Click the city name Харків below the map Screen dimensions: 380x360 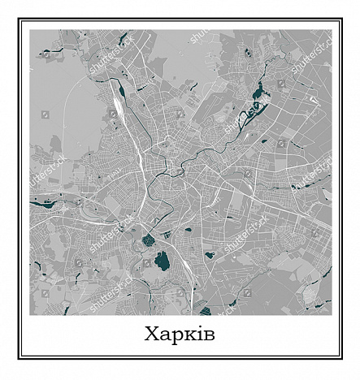(x=180, y=334)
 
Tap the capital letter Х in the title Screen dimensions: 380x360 (x=153, y=334)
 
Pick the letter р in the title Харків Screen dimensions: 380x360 (x=176, y=336)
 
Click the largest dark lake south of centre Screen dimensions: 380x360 (x=163, y=261)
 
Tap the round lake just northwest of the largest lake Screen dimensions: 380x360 (x=148, y=240)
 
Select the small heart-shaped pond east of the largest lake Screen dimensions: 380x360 (x=210, y=255)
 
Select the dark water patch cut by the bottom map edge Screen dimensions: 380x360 (x=204, y=311)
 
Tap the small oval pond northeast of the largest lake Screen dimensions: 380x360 (x=188, y=230)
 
